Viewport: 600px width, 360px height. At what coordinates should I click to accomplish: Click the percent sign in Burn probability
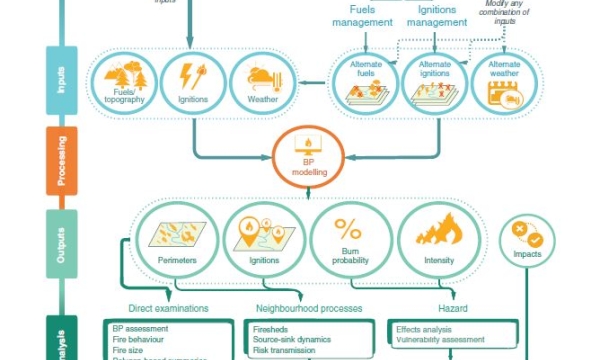[x=348, y=229]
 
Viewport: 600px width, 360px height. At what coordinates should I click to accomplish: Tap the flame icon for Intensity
[x=437, y=232]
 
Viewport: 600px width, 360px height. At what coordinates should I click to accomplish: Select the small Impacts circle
[x=527, y=240]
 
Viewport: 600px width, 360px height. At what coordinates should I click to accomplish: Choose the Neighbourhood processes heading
[x=310, y=307]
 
